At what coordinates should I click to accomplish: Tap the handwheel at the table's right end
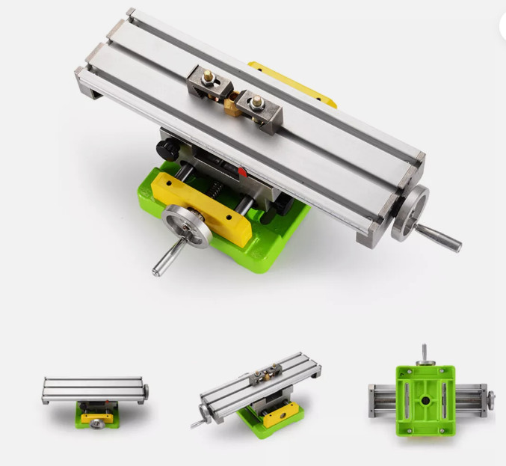tap(410, 212)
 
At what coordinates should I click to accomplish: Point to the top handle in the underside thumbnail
tap(424, 352)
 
